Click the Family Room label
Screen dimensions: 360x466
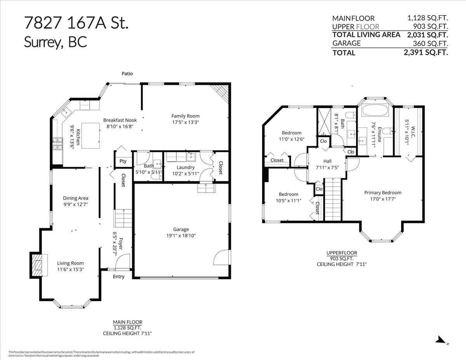point(186,116)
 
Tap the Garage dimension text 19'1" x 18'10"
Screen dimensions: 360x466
point(181,235)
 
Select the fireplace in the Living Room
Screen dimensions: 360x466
point(38,265)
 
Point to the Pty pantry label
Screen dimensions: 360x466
point(123,161)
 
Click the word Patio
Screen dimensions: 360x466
point(127,73)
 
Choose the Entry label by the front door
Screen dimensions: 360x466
point(119,277)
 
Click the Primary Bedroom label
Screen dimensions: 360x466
point(383,193)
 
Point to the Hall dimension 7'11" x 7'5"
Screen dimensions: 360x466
point(327,167)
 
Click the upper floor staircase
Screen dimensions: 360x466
point(332,198)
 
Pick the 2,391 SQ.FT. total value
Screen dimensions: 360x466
point(426,52)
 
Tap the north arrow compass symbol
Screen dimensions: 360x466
point(441,340)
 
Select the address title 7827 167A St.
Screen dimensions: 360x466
point(76,24)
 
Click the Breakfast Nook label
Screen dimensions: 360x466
point(120,120)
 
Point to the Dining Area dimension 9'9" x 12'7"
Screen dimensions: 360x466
point(76,204)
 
